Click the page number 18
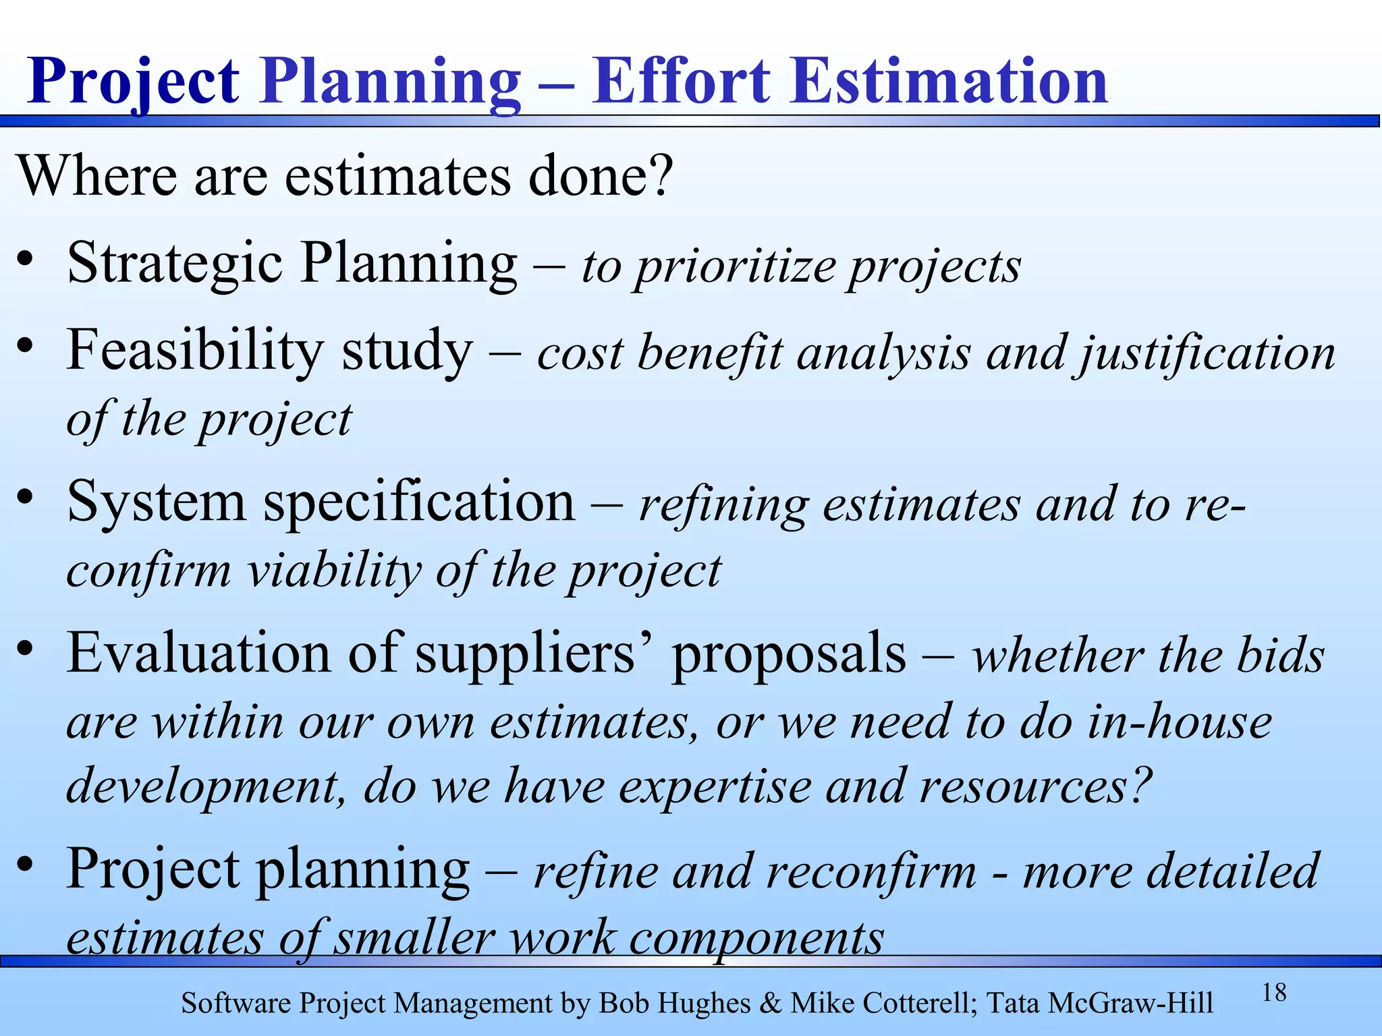tap(1274, 993)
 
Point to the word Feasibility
tap(194, 351)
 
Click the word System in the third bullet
tap(157, 503)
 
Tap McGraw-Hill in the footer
tap(1131, 1004)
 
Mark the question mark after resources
tap(1140, 785)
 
